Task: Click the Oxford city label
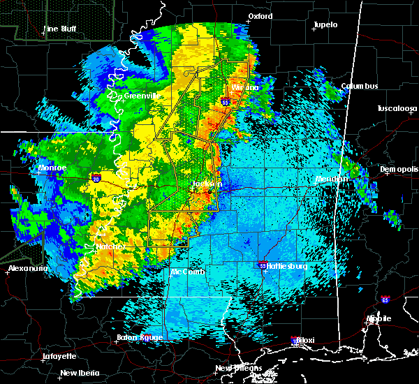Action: tap(260, 16)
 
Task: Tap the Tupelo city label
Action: tap(325, 24)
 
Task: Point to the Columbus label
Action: tap(360, 87)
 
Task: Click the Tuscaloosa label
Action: tap(397, 109)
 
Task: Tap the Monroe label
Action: tap(52, 168)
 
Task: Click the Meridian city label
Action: tap(332, 179)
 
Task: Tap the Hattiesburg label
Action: tap(288, 267)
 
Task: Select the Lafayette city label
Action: tap(59, 356)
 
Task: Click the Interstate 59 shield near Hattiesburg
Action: tap(262, 266)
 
